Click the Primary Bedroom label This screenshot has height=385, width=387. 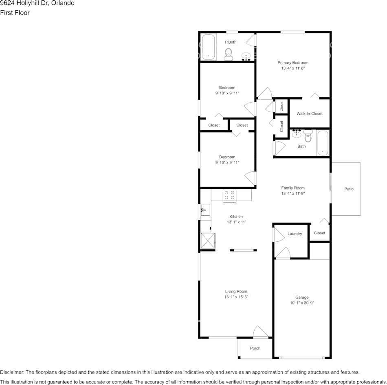[292, 63]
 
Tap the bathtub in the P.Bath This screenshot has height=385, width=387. [208, 48]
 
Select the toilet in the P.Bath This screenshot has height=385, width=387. [229, 53]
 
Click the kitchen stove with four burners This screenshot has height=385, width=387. [229, 195]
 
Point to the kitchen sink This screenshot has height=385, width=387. [204, 210]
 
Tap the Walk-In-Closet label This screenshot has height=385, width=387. [309, 114]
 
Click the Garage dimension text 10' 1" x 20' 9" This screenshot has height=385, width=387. [302, 303]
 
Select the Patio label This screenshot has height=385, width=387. [349, 189]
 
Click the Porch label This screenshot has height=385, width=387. [255, 348]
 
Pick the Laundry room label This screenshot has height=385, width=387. [295, 234]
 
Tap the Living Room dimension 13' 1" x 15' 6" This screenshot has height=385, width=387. [236, 297]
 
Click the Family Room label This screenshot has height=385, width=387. [293, 188]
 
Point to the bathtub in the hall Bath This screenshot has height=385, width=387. [323, 143]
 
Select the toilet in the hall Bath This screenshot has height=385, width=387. [308, 136]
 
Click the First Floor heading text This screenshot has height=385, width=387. [15, 13]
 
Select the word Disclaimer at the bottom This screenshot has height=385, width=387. [12, 372]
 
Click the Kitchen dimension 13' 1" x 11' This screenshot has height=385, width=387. [236, 222]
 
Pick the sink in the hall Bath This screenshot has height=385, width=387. [297, 134]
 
